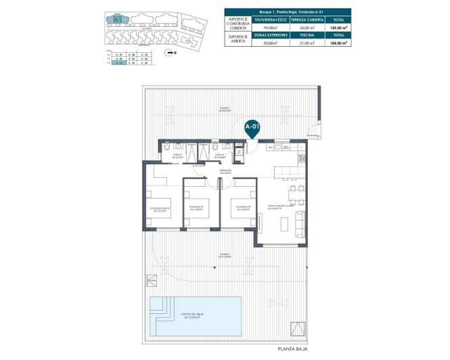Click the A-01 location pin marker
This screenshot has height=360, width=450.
click(x=252, y=127)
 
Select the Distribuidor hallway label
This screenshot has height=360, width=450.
click(x=225, y=172)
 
